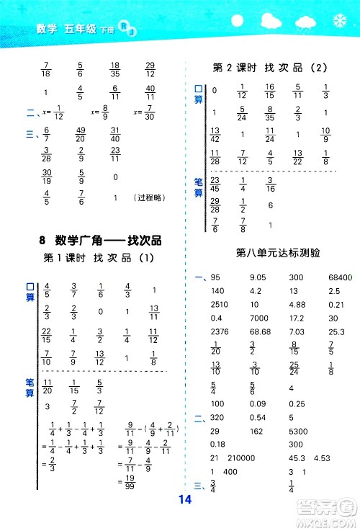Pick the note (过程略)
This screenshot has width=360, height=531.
148,197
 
